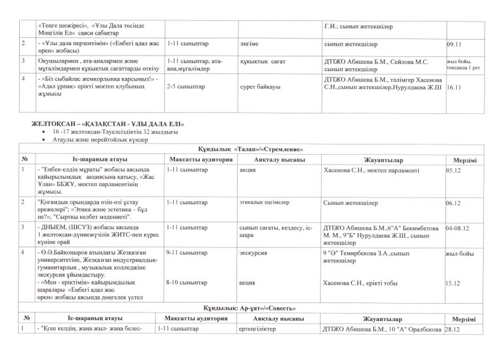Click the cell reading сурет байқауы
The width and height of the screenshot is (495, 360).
(260, 87)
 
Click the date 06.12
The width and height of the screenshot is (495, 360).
(454, 203)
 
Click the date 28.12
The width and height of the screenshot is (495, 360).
(454, 329)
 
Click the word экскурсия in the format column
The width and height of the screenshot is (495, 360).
(255, 252)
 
